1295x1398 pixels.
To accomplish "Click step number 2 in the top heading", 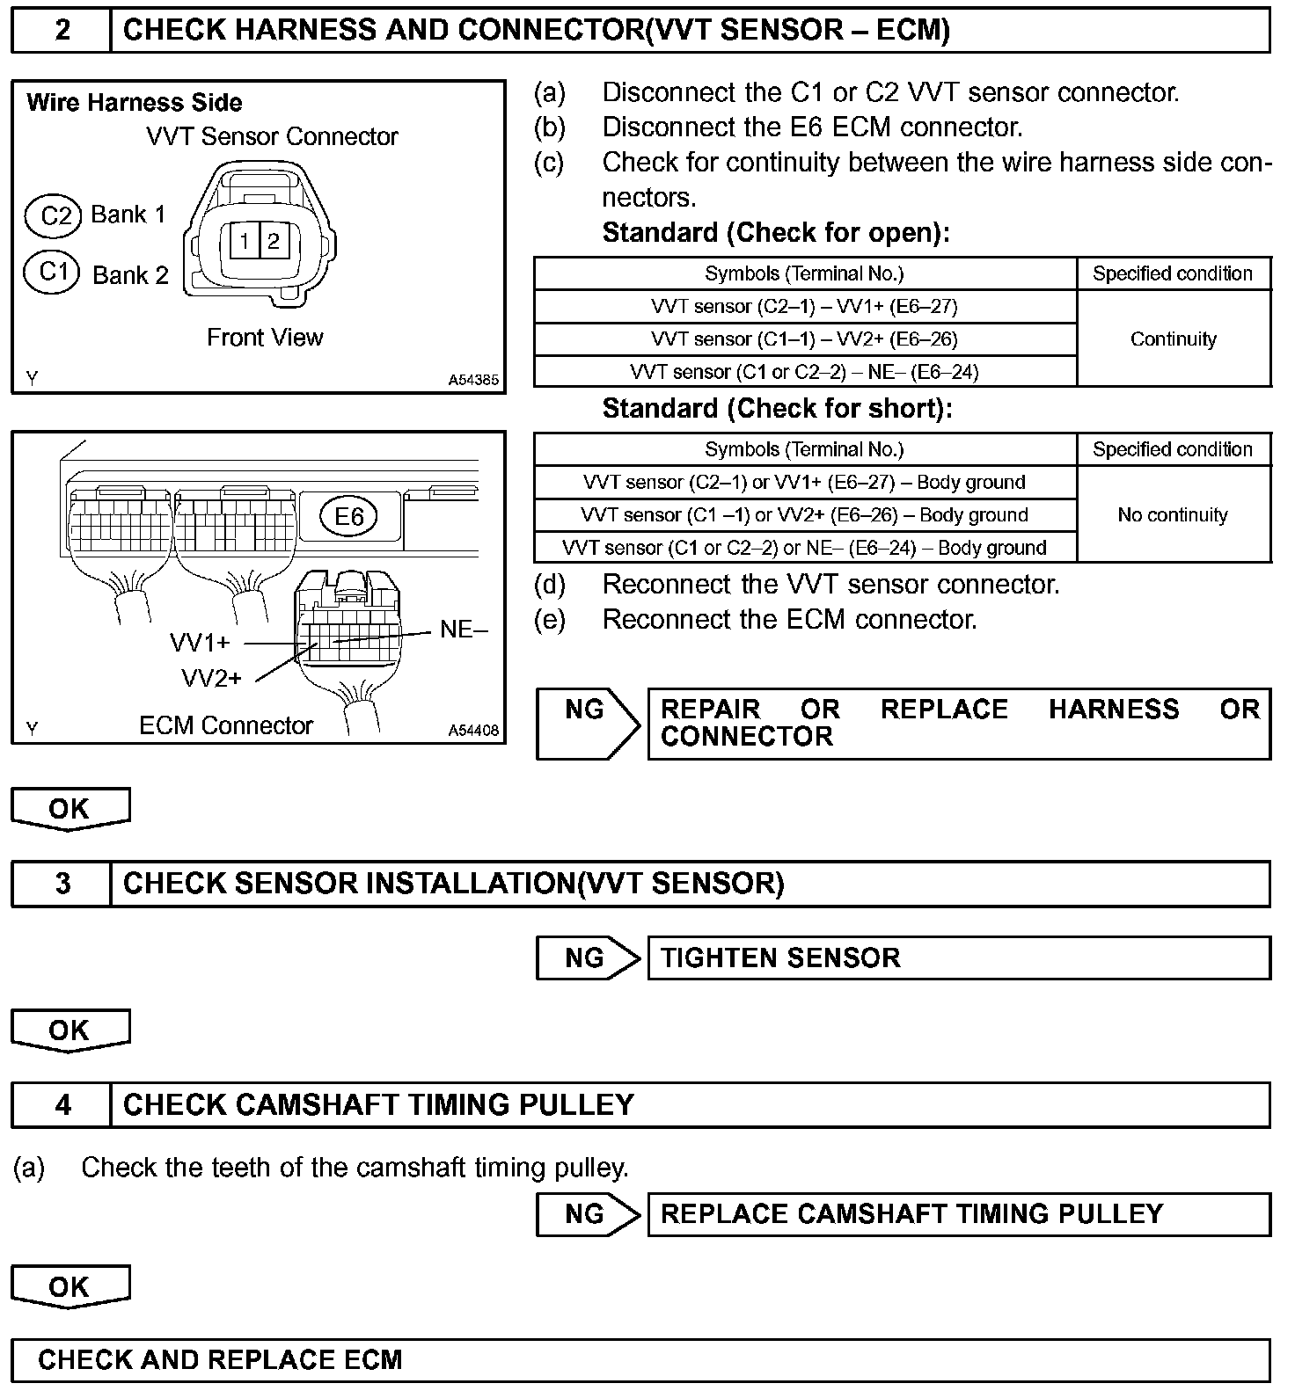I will click(62, 30).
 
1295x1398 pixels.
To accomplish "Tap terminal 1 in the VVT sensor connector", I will click(245, 241).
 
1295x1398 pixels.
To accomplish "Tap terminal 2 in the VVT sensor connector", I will click(274, 241).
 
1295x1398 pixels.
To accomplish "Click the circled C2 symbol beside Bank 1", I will click(55, 215).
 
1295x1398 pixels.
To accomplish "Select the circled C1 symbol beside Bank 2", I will click(54, 271).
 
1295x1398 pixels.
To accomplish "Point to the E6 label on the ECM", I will click(349, 516).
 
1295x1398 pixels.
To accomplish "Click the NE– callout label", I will click(463, 630).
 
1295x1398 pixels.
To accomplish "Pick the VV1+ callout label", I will click(200, 643).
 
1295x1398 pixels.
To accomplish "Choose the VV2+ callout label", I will click(211, 678).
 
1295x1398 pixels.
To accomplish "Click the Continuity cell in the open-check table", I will click(1173, 339).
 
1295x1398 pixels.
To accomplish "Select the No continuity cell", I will click(1173, 514).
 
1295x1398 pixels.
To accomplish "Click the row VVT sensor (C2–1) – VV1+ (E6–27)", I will click(804, 306).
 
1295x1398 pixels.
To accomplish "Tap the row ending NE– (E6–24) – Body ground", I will click(804, 548).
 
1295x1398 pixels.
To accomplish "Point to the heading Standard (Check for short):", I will click(777, 409).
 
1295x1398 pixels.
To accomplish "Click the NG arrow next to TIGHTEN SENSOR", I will click(588, 957).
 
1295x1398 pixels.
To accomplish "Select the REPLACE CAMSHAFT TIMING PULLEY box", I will click(958, 1214).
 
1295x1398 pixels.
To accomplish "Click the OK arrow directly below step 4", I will click(70, 1287).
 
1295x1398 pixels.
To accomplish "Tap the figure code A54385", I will click(473, 381).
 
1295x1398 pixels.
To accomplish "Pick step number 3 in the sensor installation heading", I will click(62, 883).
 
